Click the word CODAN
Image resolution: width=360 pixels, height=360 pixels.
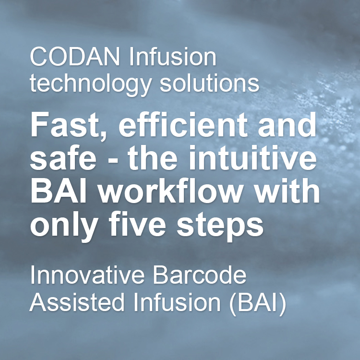point(75,57)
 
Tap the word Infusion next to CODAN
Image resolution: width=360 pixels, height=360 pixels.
point(173,56)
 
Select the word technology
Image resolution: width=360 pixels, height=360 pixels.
point(91,84)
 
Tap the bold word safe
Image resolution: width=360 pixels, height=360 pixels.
point(63,157)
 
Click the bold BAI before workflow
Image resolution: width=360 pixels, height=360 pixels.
point(59,191)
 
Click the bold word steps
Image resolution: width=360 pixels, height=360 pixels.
point(220,226)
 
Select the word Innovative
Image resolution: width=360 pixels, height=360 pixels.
point(87,275)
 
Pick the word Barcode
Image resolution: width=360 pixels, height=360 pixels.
point(200,275)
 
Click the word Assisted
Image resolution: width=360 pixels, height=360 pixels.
point(77,302)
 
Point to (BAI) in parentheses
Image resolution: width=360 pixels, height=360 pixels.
point(258,303)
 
